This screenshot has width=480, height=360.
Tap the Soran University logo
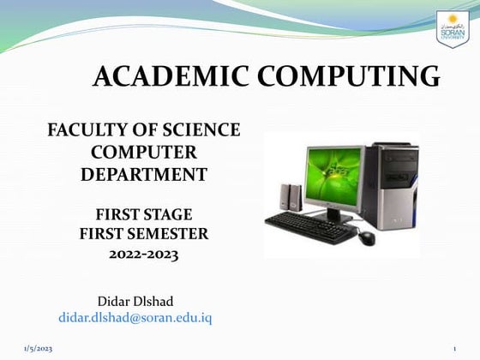pyautogui.click(x=453, y=29)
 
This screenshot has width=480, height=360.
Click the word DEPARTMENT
pyautogui.click(x=143, y=174)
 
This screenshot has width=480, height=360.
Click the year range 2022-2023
pyautogui.click(x=144, y=254)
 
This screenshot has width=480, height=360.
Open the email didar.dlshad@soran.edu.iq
pyautogui.click(x=135, y=317)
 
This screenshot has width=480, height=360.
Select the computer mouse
pyautogui.click(x=367, y=237)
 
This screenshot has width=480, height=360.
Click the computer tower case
pyautogui.click(x=392, y=185)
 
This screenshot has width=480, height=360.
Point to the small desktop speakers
pyautogui.click(x=291, y=198)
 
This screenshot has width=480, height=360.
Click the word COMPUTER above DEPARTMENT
pyautogui.click(x=143, y=153)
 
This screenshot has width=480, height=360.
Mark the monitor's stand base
pyautogui.click(x=337, y=216)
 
